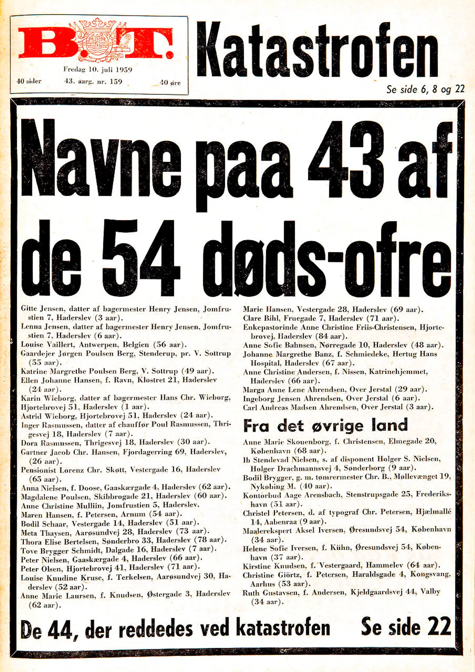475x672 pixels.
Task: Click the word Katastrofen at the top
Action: [317, 50]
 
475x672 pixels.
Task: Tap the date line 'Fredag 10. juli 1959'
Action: [98, 70]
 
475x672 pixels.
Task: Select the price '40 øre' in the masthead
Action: [170, 82]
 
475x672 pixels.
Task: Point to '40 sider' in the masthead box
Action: [29, 81]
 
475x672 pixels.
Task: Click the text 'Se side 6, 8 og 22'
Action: [426, 89]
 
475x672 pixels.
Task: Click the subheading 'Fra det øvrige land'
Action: [325, 425]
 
